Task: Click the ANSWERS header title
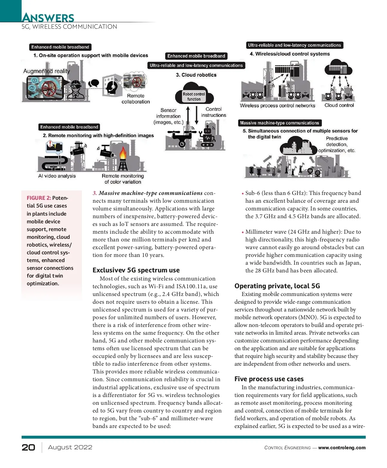[48, 17]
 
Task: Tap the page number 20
[28, 447]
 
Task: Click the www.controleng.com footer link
[342, 448]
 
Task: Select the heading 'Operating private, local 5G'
[277, 286]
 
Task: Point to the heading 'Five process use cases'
[269, 379]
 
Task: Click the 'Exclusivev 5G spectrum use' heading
[136, 270]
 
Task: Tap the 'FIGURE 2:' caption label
[39, 198]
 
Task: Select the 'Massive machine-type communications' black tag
[280, 123]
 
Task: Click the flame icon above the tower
[123, 152]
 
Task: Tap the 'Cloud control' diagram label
[339, 105]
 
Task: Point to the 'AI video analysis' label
[57, 176]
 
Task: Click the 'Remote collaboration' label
[136, 99]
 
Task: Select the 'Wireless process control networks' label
[277, 106]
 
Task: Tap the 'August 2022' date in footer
[70, 447]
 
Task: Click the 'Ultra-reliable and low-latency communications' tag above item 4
[294, 45]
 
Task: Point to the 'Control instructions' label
[213, 112]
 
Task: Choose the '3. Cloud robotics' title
[196, 75]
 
